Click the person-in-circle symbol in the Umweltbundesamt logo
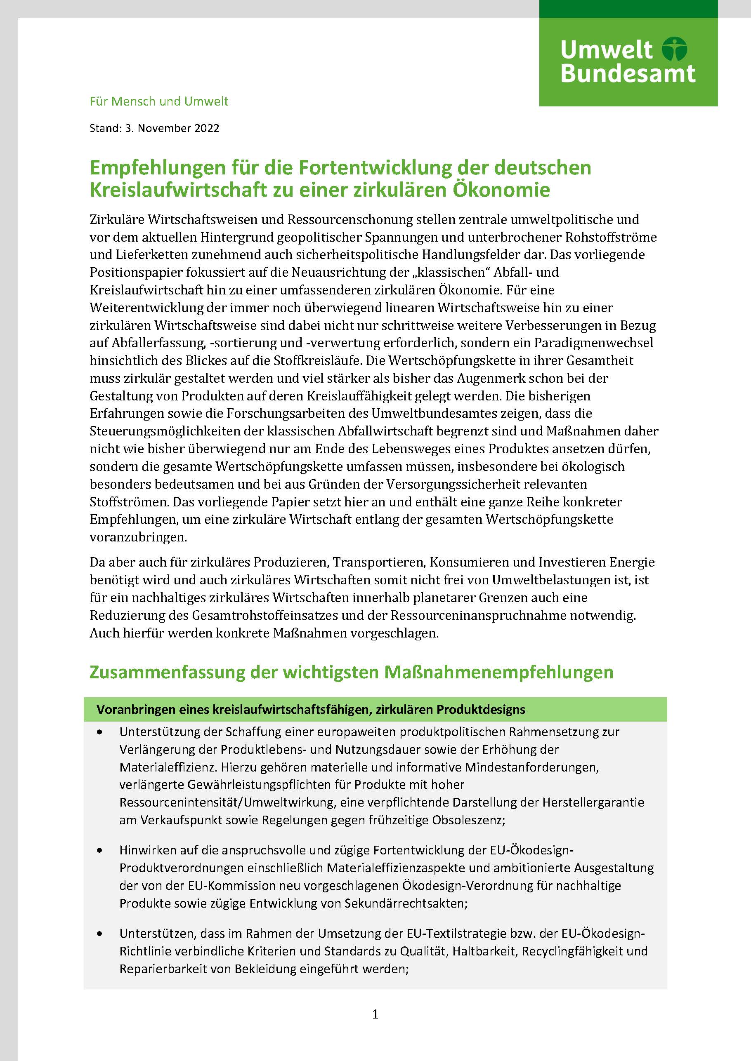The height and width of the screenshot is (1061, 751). point(675,49)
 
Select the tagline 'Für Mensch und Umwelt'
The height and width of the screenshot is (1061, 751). point(159,101)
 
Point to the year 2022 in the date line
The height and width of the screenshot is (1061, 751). point(207,128)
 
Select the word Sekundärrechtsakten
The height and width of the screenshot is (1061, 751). point(398,903)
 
